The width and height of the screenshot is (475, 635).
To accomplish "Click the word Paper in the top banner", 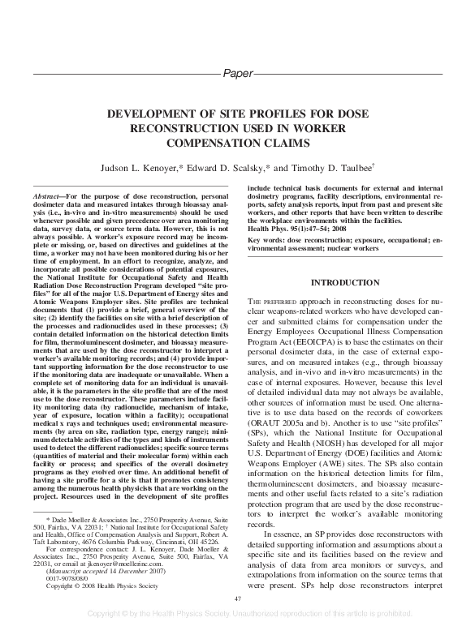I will click(237, 73).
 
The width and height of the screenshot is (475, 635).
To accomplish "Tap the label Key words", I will click(266, 242).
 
